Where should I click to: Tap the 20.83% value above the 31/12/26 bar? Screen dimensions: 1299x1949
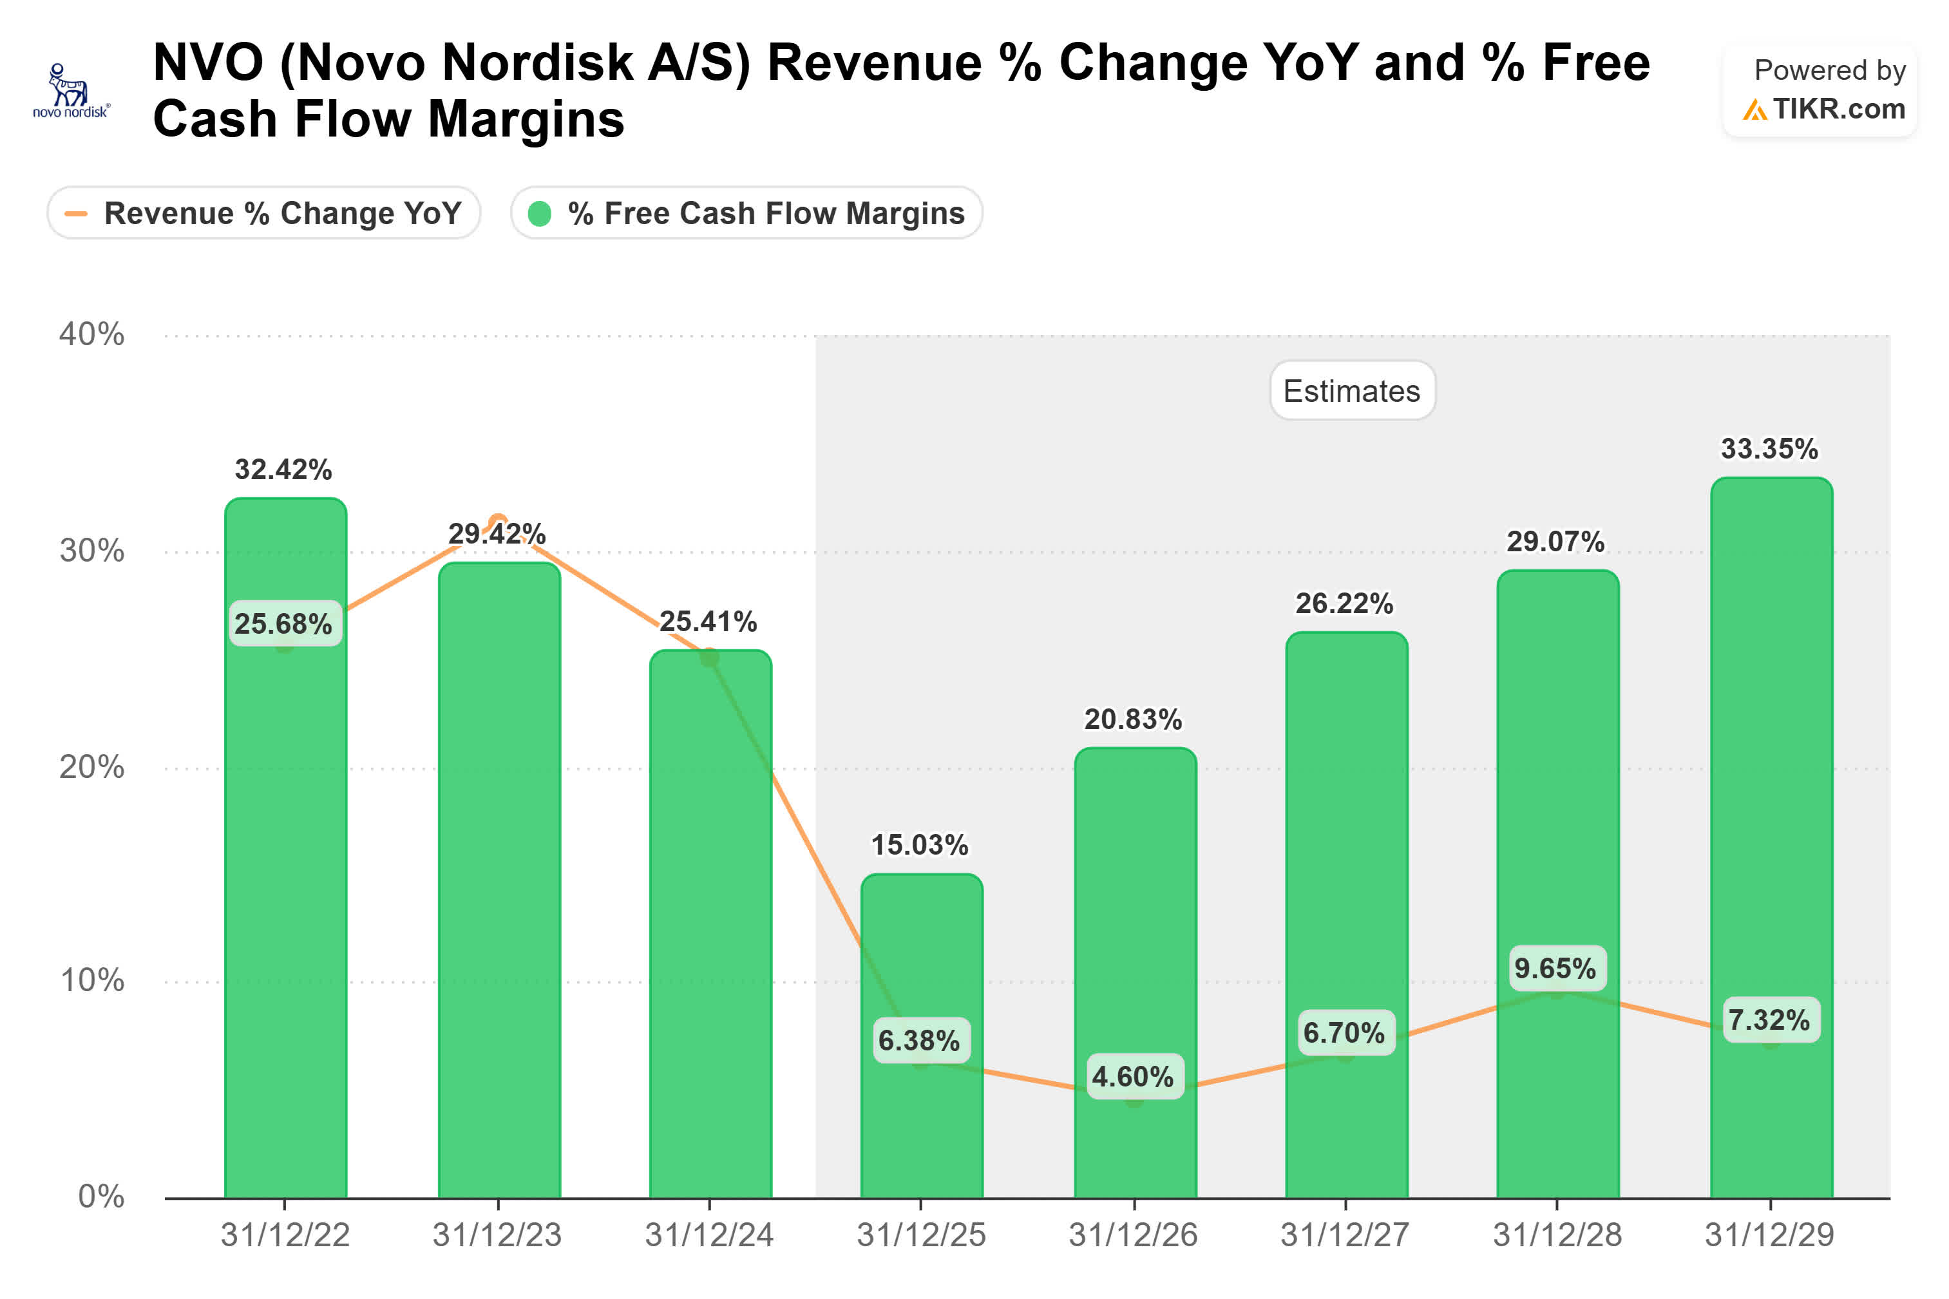(1132, 719)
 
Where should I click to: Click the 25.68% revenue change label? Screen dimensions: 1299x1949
(283, 623)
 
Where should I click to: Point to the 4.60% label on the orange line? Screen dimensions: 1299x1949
(1132, 1076)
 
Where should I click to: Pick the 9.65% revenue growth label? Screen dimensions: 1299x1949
(1555, 967)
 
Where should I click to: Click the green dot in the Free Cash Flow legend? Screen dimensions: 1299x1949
(539, 214)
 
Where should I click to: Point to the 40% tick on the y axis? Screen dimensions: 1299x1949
(91, 335)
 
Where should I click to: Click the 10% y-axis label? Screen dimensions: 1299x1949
(91, 980)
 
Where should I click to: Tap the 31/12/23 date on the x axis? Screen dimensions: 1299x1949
(497, 1235)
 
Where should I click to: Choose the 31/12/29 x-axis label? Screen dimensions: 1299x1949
(1769, 1235)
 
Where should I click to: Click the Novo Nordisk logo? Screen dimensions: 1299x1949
(70, 91)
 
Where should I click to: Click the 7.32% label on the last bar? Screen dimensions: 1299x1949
(1769, 1019)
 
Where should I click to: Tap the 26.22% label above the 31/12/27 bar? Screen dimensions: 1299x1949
(1344, 603)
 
